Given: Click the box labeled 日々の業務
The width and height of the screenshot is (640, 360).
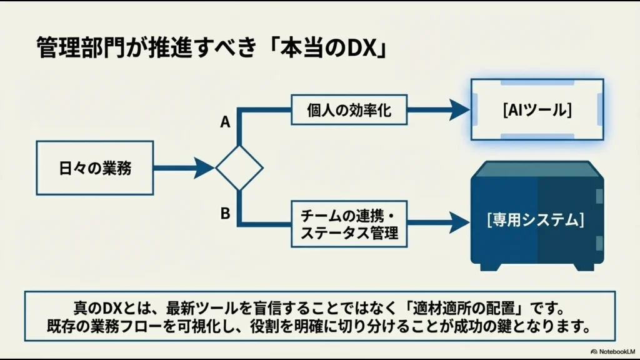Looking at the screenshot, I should (95, 167).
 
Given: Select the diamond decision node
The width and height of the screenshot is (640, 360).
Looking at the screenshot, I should (239, 167).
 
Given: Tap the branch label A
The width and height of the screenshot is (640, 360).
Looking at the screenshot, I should (225, 123).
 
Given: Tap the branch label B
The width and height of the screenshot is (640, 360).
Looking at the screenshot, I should (225, 214).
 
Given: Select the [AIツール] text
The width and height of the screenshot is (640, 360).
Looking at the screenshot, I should (537, 110).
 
